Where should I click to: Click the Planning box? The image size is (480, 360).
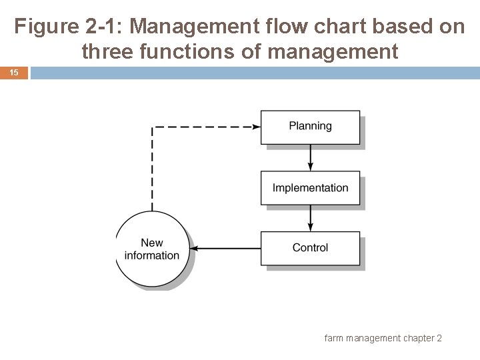pyautogui.click(x=310, y=126)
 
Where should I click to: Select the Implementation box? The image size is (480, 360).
pyautogui.click(x=310, y=187)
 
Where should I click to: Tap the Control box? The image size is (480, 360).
pyautogui.click(x=310, y=248)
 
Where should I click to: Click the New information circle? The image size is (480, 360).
pyautogui.click(x=152, y=249)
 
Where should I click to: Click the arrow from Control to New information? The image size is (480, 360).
pyautogui.click(x=225, y=248)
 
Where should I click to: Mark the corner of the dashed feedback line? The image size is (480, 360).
pyautogui.click(x=153, y=126)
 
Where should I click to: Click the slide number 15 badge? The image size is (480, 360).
pyautogui.click(x=14, y=72)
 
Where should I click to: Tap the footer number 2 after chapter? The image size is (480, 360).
pyautogui.click(x=439, y=339)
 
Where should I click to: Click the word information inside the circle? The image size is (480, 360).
pyautogui.click(x=152, y=255)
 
